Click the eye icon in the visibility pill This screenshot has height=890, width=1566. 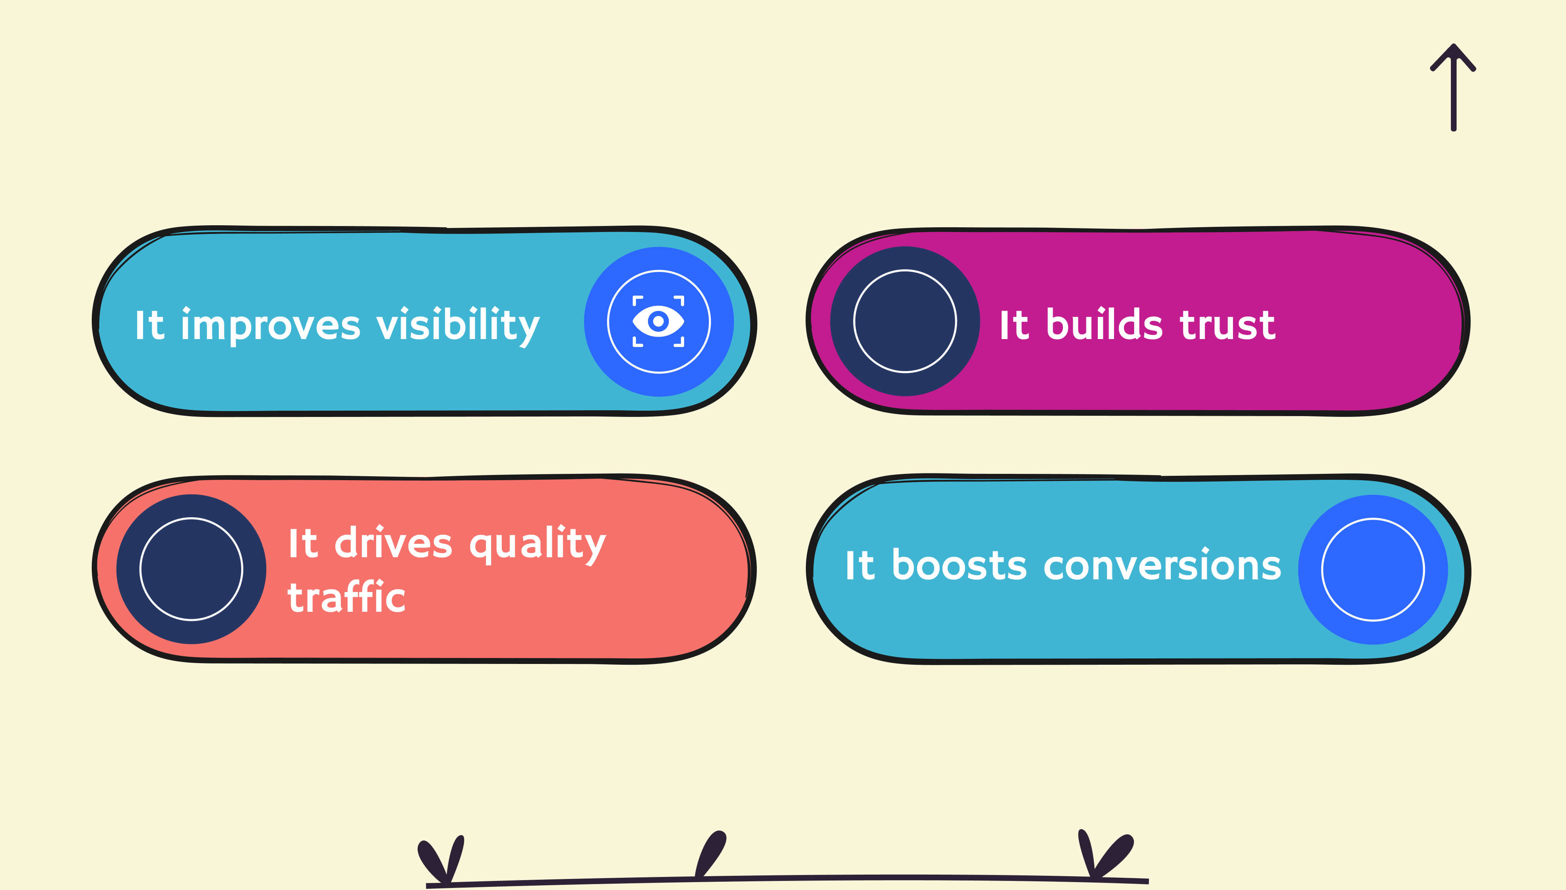pos(658,322)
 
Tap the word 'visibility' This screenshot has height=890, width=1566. pos(458,326)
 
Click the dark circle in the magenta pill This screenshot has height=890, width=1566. pos(905,322)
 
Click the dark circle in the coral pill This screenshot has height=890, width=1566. pos(191,569)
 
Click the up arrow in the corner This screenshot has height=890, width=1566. pos(1453,87)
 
